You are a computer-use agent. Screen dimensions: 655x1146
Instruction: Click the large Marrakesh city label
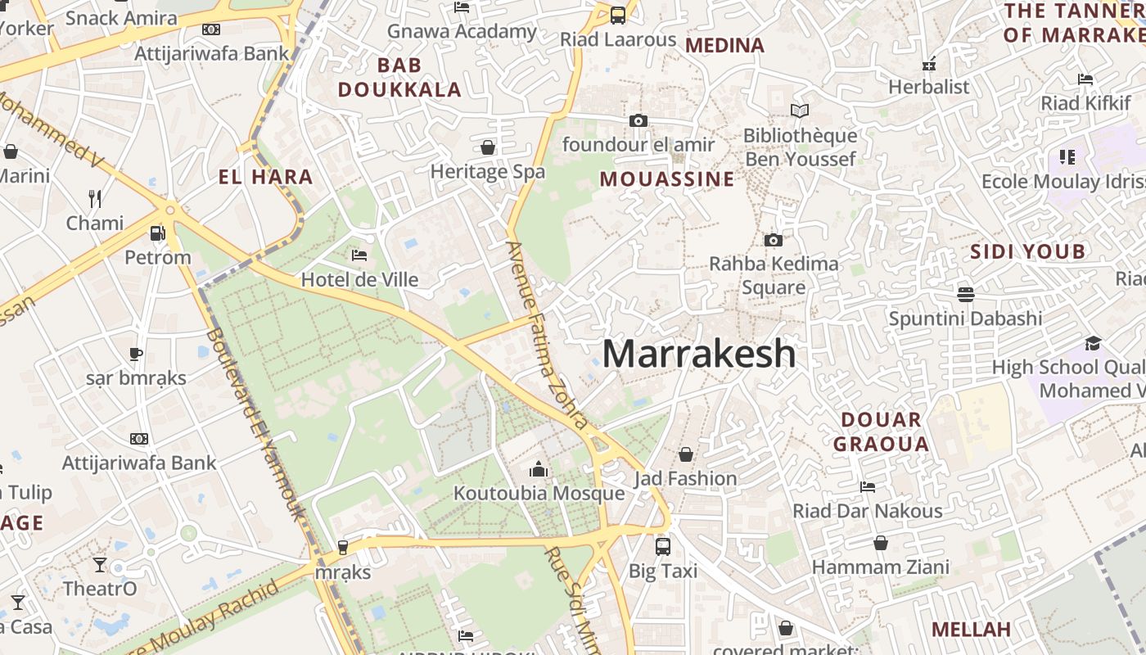(699, 354)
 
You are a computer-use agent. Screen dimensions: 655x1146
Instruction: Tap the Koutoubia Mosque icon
(539, 469)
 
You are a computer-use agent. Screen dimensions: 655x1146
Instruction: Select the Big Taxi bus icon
(663, 545)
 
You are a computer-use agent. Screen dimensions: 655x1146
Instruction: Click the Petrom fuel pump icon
(158, 233)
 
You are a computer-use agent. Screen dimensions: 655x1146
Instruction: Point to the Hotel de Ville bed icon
(359, 255)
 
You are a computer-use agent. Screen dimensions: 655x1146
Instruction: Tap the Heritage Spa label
(488, 172)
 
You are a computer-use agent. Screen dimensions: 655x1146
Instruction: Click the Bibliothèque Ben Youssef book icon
(800, 111)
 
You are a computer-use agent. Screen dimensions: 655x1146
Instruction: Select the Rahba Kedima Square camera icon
(773, 240)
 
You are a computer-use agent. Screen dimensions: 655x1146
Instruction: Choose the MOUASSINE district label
(667, 179)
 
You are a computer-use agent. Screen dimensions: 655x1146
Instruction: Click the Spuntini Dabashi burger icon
(966, 294)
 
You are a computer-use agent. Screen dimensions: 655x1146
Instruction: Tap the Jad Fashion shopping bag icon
(686, 454)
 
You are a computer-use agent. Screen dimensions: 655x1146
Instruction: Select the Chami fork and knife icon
(95, 198)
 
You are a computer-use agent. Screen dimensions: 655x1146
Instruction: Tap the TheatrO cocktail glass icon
(100, 564)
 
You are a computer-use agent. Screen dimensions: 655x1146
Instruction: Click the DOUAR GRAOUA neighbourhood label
(886, 432)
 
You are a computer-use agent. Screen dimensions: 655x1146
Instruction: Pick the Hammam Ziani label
(881, 567)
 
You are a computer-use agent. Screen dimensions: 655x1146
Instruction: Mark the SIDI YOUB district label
(1027, 251)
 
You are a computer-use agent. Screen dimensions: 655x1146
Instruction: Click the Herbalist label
(928, 87)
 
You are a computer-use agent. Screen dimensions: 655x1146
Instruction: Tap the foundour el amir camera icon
(638, 121)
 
